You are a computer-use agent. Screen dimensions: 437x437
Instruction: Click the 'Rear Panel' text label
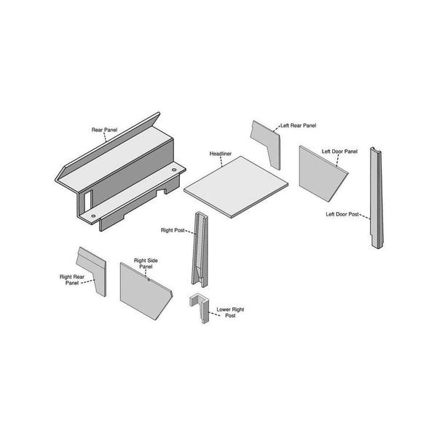(104, 130)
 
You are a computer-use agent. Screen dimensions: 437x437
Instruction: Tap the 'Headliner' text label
(221, 154)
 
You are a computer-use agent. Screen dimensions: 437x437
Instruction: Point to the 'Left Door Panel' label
(341, 151)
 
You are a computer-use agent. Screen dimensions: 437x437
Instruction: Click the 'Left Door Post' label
(342, 214)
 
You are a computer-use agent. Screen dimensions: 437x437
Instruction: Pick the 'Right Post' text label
(172, 230)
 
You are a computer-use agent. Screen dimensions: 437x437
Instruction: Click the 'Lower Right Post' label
(230, 312)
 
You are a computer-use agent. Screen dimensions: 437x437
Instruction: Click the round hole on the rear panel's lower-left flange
(93, 216)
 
